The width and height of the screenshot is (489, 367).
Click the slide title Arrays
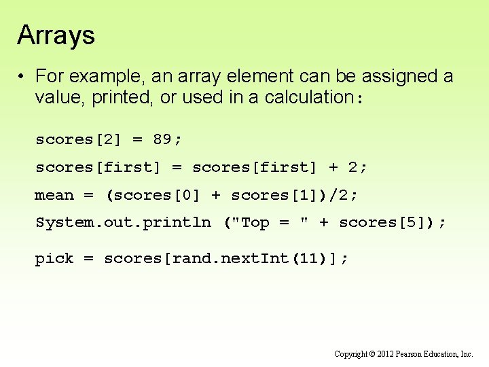click(x=56, y=35)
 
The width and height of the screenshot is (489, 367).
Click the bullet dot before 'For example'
click(x=22, y=76)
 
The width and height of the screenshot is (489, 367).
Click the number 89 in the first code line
click(x=162, y=139)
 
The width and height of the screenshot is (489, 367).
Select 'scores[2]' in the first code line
click(x=78, y=139)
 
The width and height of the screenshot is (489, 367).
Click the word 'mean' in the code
click(x=54, y=195)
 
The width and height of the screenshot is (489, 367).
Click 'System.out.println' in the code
click(x=123, y=222)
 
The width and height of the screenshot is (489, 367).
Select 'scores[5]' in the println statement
click(x=382, y=222)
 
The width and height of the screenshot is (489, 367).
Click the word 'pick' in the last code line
click(x=54, y=259)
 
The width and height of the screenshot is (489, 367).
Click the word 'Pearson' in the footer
click(x=422, y=354)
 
